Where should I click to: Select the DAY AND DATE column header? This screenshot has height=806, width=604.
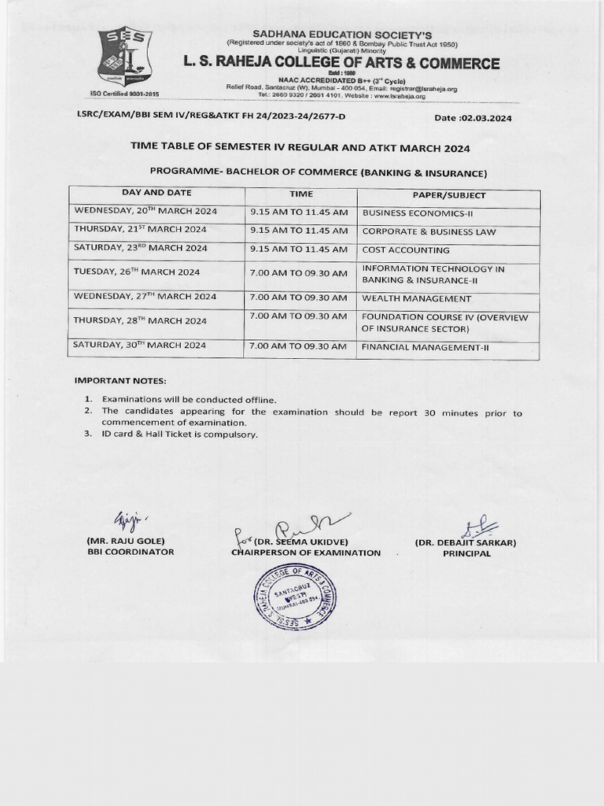157,193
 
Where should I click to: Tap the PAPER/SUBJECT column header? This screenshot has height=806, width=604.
449,195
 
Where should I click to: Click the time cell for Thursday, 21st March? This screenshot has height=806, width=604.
299,231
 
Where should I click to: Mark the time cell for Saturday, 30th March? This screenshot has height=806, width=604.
298,346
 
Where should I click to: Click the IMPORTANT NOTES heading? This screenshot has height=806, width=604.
120,381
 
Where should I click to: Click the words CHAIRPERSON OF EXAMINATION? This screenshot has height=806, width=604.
305,553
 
